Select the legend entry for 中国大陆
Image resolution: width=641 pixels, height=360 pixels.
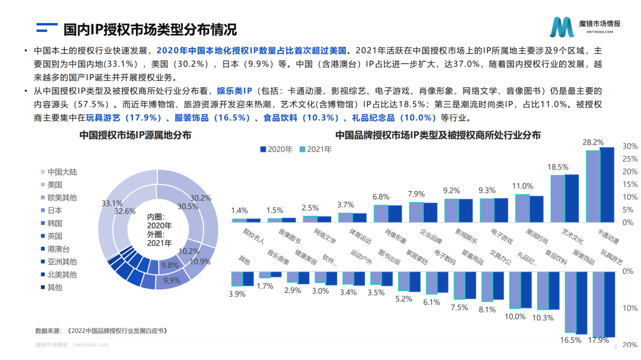coord(62,172)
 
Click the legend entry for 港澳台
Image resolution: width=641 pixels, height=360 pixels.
coord(58,249)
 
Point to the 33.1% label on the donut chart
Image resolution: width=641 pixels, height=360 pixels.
coord(112,203)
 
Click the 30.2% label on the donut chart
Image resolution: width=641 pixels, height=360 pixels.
coord(201,197)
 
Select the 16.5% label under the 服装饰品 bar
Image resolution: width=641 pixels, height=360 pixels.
coord(570,340)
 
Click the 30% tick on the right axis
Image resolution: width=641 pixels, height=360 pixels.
coord(630,146)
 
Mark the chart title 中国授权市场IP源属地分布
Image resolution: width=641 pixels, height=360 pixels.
coord(135,135)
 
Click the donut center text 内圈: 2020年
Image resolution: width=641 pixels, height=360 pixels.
coord(160,221)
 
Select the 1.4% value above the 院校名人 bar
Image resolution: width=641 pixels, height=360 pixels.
coord(239,210)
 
